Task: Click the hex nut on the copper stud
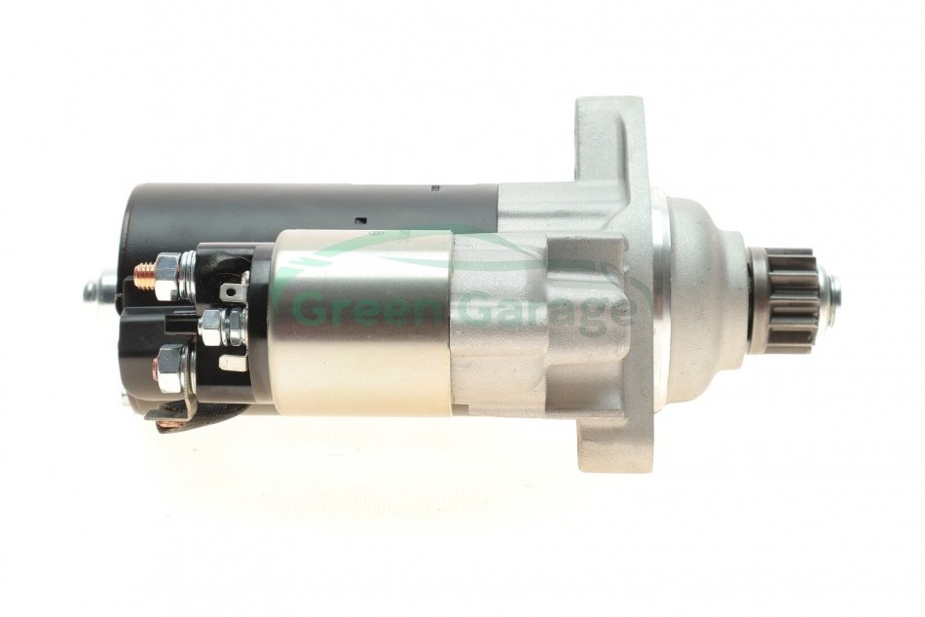[x=167, y=275]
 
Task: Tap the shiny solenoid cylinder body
[x=363, y=322]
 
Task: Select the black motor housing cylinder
[x=313, y=212]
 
